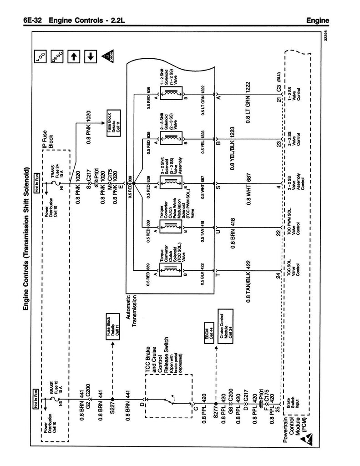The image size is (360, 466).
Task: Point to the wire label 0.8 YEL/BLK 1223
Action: (x=233, y=148)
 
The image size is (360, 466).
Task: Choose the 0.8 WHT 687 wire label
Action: (x=248, y=192)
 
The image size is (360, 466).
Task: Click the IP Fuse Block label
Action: (x=48, y=142)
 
